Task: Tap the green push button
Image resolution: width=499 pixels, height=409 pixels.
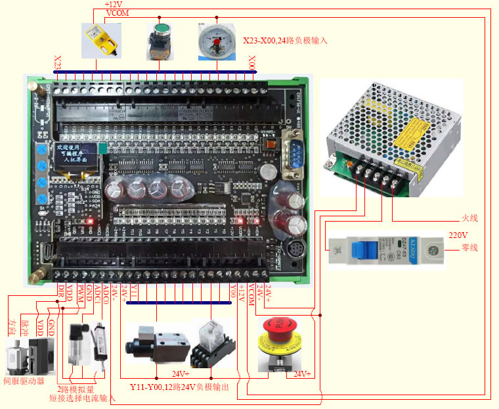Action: (x=159, y=40)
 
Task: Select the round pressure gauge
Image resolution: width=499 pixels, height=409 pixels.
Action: (x=216, y=39)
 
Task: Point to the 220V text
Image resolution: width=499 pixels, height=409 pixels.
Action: (x=458, y=234)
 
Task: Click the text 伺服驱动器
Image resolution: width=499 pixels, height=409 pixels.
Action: (x=24, y=381)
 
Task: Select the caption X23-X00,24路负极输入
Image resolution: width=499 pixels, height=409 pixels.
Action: (x=285, y=40)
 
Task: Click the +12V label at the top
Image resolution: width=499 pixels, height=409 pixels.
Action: (x=114, y=5)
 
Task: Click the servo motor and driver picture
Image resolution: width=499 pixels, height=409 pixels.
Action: (x=30, y=356)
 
